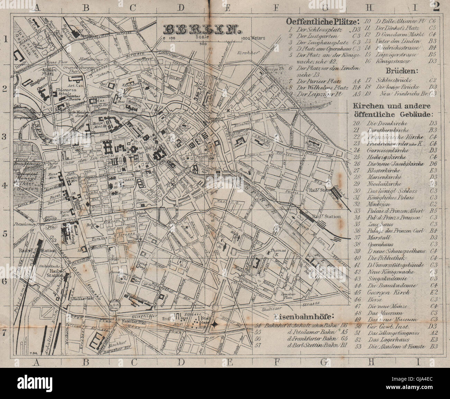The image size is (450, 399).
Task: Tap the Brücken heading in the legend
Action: (x=393, y=71)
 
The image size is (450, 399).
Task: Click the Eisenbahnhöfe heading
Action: (x=304, y=316)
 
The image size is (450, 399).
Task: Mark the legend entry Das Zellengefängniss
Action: (x=389, y=333)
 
